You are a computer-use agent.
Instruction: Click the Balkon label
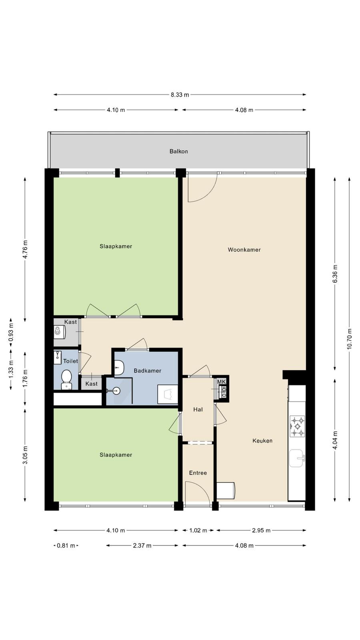178,151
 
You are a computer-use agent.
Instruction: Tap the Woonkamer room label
244,250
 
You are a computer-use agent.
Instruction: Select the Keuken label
262,440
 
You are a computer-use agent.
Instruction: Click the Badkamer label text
148,370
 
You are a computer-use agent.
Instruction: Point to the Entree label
198,473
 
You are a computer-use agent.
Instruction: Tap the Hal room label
198,410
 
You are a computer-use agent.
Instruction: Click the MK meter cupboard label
222,382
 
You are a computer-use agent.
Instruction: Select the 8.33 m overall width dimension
180,94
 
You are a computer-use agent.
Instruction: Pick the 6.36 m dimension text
335,274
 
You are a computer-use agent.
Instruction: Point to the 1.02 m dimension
198,530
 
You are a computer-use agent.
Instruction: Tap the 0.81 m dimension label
66,546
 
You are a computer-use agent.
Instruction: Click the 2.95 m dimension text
261,530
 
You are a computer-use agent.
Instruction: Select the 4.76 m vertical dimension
25,250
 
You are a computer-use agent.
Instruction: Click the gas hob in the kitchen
298,426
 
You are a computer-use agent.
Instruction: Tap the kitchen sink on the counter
297,458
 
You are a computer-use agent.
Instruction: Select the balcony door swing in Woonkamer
202,188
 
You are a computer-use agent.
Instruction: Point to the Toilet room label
70,361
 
